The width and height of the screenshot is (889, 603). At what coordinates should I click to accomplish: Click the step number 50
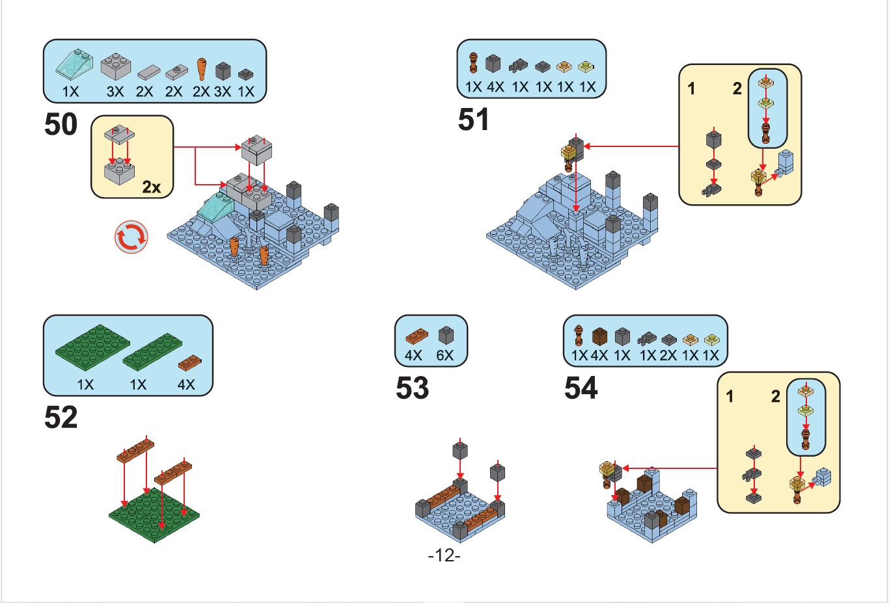coord(61,124)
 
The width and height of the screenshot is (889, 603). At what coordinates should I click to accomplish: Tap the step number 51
coord(473,120)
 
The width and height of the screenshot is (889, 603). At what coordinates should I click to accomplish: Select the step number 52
coord(61,417)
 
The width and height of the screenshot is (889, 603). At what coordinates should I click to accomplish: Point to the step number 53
coord(412,388)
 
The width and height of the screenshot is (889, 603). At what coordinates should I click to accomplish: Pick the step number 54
coord(581,388)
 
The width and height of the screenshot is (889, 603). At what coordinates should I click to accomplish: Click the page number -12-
coord(444,556)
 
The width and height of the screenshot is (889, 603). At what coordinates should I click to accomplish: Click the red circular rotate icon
coord(131,237)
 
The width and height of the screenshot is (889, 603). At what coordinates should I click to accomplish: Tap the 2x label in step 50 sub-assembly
coord(151,187)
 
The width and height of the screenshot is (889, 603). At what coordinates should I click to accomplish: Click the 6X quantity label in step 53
coord(445,356)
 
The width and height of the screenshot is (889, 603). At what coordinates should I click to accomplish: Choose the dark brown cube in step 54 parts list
coord(599,336)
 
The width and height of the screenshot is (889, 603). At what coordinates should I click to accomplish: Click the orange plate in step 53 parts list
coord(416,336)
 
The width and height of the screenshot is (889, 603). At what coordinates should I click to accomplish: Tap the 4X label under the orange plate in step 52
coord(186,384)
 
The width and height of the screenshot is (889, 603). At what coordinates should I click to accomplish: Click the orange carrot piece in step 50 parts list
coord(202,68)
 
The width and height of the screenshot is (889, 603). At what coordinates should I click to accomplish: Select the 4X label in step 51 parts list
coord(495,87)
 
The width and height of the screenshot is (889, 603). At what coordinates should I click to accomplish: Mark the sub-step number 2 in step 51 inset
coord(737,88)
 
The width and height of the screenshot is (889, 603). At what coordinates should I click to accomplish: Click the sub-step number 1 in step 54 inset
coord(730,396)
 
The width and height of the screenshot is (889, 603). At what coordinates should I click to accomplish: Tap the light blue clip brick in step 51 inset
coord(785,162)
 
